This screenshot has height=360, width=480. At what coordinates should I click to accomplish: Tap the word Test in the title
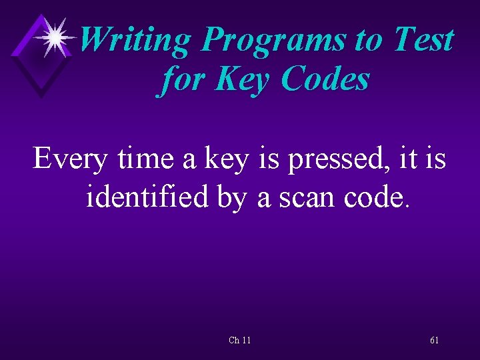tap(424, 40)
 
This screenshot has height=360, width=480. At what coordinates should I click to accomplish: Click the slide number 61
tap(435, 341)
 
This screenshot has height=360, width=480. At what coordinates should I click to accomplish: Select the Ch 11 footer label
tap(240, 341)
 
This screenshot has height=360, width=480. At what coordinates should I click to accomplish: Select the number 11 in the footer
tap(247, 341)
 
